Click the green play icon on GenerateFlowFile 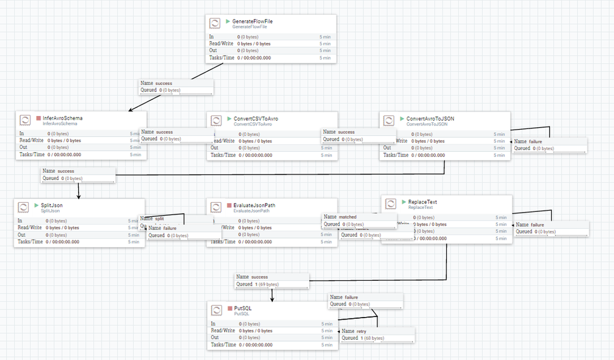[228, 21]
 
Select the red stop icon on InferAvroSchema [38, 118]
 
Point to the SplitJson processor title [52, 205]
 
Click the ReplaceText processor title [422, 202]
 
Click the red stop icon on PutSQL [229, 307]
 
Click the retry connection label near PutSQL [361, 331]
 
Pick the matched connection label [347, 217]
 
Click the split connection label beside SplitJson [159, 219]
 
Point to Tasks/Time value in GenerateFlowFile [254, 58]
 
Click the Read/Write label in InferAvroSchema [31, 140]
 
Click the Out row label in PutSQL [215, 337]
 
